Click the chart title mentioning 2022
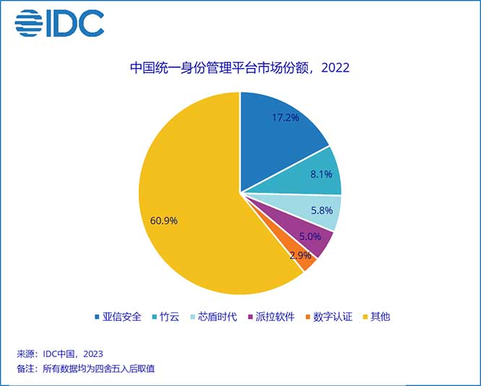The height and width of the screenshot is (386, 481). coord(240,69)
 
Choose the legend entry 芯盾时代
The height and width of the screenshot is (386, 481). coord(214,317)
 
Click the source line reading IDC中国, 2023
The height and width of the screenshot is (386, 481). coord(60,353)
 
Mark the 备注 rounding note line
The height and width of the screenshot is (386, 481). coord(86,369)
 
